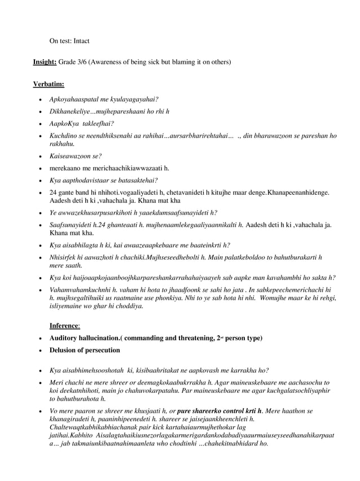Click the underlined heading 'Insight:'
click(x=45, y=61)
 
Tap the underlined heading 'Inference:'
click(x=65, y=326)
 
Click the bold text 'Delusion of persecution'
click(x=85, y=350)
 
